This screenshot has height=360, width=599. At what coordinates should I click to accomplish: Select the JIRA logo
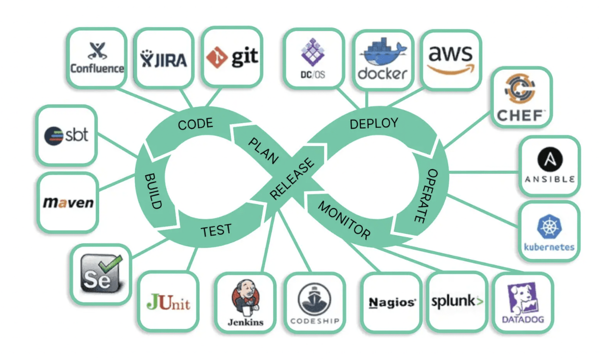(x=163, y=58)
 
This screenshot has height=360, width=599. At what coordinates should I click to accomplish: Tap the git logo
(x=231, y=56)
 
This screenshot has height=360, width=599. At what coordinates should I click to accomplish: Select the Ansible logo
(x=549, y=166)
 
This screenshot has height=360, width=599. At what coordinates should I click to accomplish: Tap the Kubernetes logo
(x=549, y=231)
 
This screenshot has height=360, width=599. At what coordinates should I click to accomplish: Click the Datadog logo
(x=523, y=302)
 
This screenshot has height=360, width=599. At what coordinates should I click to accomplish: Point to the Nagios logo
(x=392, y=302)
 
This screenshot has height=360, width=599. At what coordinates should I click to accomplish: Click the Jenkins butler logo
(x=245, y=302)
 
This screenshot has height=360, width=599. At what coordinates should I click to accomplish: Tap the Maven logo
(x=68, y=202)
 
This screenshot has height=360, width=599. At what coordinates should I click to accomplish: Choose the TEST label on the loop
(x=216, y=230)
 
